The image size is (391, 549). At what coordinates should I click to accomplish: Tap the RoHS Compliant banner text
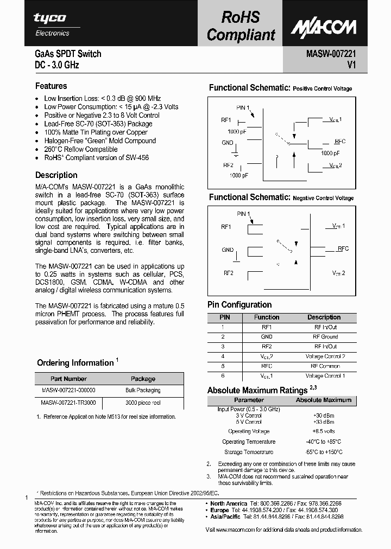[241, 26]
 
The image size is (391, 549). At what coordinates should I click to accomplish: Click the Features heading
[51, 86]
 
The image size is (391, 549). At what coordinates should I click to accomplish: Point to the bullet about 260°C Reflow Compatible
[81, 149]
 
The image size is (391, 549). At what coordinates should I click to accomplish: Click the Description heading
[56, 175]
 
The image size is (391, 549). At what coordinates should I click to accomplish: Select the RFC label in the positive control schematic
[340, 141]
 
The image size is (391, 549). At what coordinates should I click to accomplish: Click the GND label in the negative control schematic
[228, 250]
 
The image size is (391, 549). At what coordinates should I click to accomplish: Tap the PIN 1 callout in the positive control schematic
[243, 107]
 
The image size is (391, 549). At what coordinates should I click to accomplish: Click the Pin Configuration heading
[239, 305]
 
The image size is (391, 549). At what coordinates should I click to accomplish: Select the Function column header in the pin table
[267, 317]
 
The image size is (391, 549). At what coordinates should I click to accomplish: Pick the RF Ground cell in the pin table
[325, 337]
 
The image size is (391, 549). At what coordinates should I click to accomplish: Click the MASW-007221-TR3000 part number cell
[68, 403]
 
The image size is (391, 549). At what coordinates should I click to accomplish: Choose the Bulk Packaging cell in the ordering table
[143, 390]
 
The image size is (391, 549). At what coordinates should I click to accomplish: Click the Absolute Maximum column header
[323, 400]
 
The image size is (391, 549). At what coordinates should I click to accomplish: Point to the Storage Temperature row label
[249, 452]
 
